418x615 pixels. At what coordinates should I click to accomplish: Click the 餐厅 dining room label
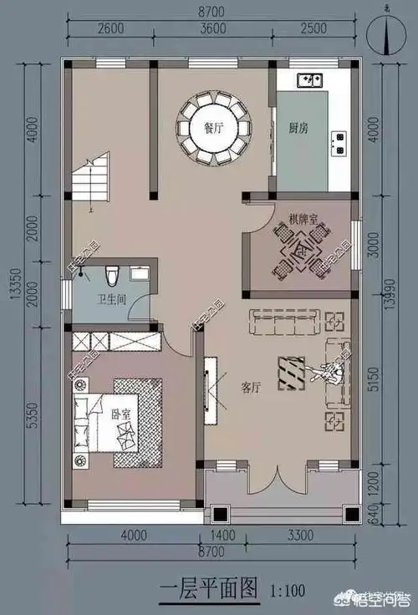point(214,128)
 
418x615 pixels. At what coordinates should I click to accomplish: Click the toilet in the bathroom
point(112,274)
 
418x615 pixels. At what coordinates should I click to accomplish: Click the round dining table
point(214,129)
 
